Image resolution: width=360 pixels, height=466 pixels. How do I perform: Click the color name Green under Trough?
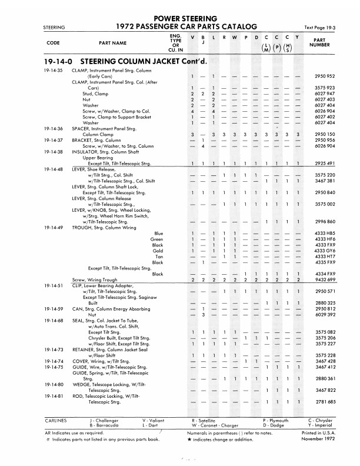156,239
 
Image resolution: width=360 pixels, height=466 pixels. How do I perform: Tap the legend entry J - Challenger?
104,421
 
